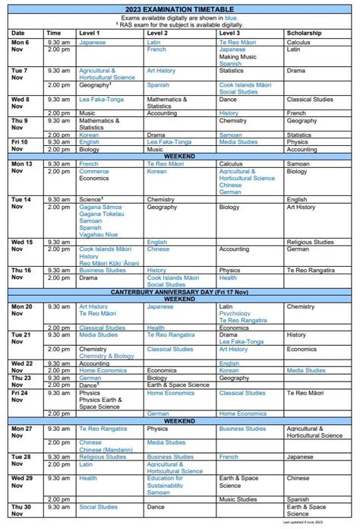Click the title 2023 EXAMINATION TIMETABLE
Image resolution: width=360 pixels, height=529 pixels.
click(180, 8)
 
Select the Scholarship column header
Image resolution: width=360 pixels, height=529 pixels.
click(304, 33)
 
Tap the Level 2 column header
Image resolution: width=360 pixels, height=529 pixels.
click(157, 33)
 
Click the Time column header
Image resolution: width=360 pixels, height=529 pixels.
click(54, 33)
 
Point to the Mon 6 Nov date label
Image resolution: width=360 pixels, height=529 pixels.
click(20, 46)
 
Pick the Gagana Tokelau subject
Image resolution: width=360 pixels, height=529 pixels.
click(101, 214)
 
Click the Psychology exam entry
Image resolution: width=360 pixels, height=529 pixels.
click(234, 313)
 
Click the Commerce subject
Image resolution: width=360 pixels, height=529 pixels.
click(94, 171)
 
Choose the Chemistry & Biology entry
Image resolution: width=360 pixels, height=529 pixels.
click(106, 356)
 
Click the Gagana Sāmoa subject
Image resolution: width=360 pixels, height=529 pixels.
click(99, 207)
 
